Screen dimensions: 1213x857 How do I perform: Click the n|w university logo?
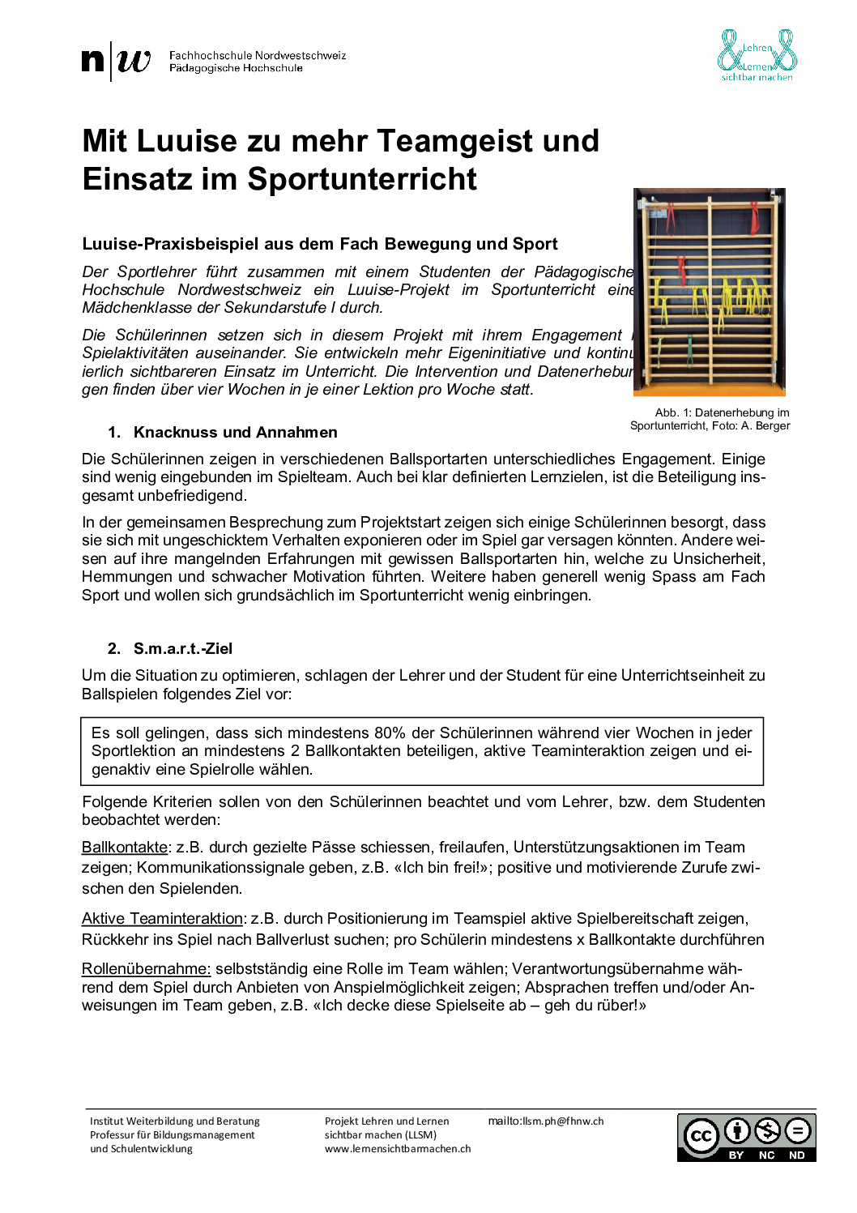[117, 62]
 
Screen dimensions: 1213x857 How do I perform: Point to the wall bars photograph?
[710, 292]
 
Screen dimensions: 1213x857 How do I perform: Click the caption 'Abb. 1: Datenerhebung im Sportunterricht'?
[710, 419]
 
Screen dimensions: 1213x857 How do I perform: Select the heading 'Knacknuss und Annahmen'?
[235, 433]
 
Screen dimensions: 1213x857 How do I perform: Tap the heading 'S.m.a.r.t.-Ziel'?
[183, 649]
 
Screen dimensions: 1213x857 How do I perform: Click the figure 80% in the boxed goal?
[390, 733]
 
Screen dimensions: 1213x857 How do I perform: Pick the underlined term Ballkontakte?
[125, 848]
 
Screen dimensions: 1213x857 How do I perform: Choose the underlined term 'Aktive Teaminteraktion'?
[162, 919]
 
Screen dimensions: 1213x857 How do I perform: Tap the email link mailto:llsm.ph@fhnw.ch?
[546, 1121]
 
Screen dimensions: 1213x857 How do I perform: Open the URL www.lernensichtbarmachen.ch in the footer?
[398, 1149]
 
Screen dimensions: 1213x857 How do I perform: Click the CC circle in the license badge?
[701, 1136]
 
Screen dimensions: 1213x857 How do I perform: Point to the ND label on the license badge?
[797, 1155]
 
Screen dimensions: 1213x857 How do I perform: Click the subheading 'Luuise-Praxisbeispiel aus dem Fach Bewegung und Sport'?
[320, 245]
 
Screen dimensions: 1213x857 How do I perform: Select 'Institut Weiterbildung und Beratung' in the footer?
[175, 1121]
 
